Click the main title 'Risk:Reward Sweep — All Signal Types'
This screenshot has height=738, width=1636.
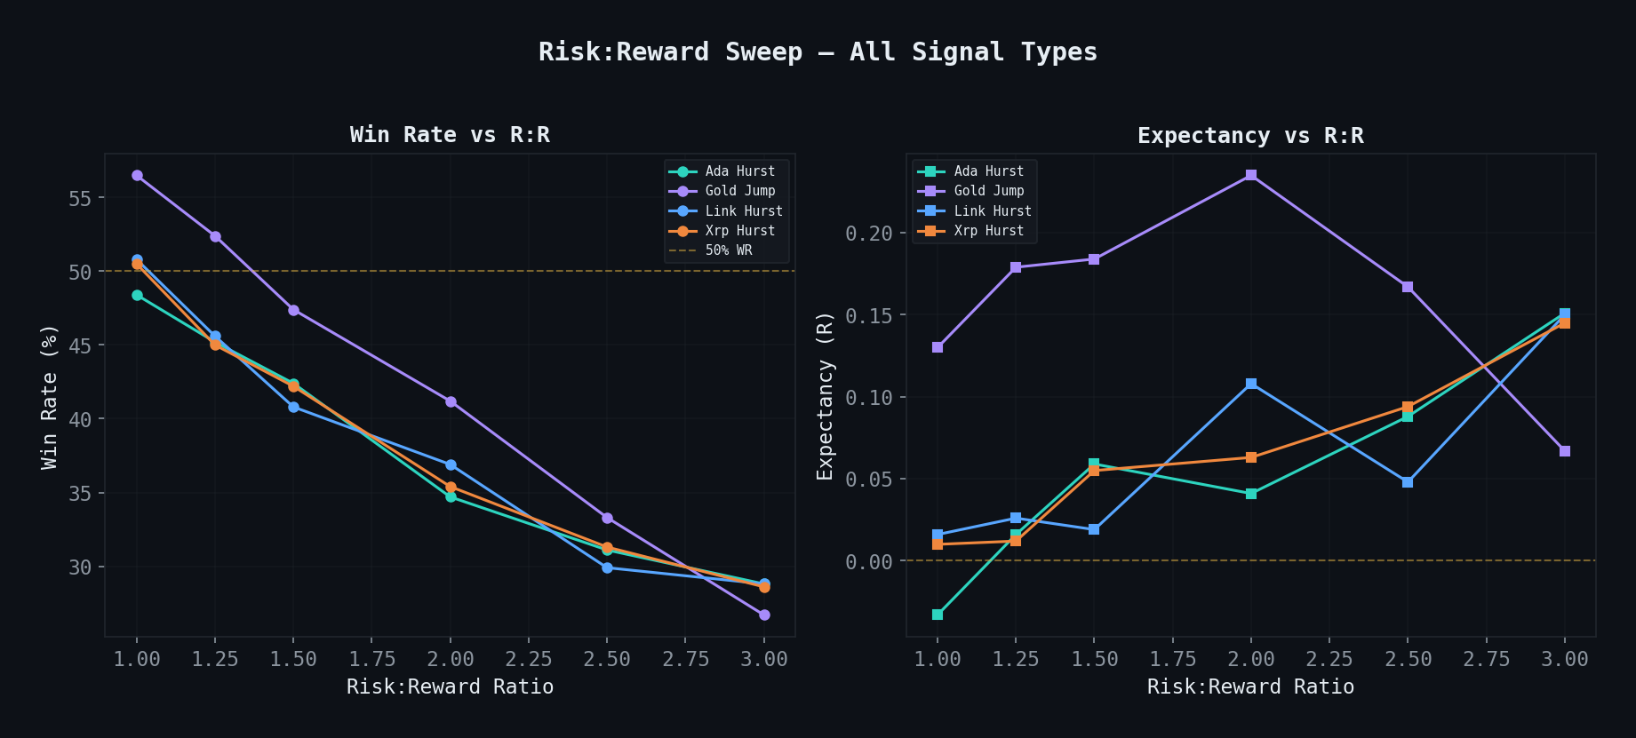click(818, 52)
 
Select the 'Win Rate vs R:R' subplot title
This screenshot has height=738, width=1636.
click(450, 135)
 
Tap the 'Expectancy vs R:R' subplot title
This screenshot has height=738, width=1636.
click(1250, 136)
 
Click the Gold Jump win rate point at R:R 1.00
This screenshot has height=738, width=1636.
click(137, 176)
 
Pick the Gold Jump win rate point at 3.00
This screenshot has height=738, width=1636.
click(764, 615)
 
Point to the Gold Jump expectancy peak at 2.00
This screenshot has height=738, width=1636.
click(1251, 175)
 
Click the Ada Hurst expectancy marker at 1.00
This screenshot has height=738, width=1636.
click(938, 615)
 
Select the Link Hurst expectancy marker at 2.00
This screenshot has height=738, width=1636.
click(1251, 384)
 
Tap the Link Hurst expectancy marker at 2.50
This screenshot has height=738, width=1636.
click(1408, 482)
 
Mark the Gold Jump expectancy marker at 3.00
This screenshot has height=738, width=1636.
click(1565, 451)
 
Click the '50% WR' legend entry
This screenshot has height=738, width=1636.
click(728, 250)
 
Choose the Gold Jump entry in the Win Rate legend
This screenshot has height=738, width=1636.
click(739, 191)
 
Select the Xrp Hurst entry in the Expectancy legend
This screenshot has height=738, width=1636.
click(988, 231)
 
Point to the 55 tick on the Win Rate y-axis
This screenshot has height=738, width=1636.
click(80, 198)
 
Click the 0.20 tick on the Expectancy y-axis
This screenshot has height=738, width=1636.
click(868, 234)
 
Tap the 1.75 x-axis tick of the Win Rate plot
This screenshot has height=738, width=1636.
click(371, 659)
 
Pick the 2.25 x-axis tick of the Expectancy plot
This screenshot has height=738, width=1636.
click(1329, 659)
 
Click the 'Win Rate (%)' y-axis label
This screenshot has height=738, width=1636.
click(50, 396)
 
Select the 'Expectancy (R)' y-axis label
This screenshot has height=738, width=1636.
click(826, 396)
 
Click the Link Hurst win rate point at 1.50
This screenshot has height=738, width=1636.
click(293, 407)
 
